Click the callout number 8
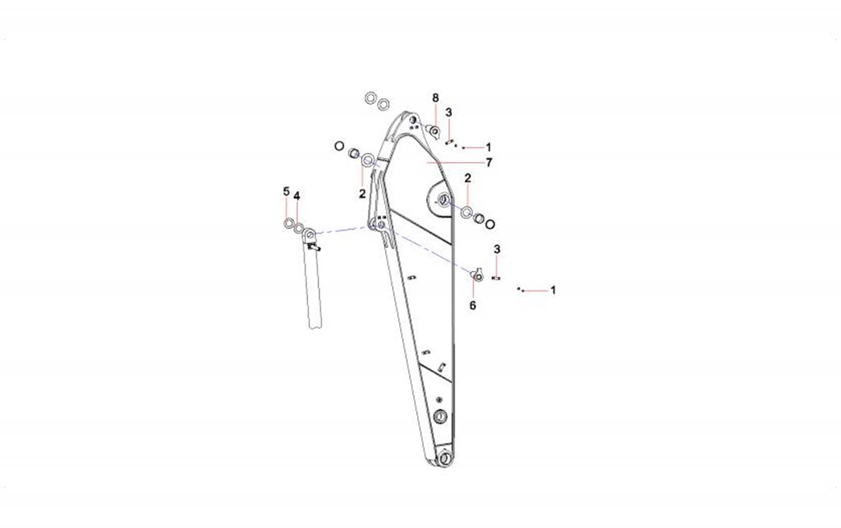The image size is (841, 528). [x=436, y=98]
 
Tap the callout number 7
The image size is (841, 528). [x=489, y=163]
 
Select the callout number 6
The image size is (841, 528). [x=473, y=306]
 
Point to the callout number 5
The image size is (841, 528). [x=287, y=192]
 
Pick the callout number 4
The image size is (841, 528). [x=296, y=196]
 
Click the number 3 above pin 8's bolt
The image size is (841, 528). [x=449, y=112]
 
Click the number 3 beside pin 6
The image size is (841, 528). [x=497, y=250]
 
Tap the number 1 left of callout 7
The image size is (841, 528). [x=489, y=147]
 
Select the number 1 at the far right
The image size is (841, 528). [x=553, y=290]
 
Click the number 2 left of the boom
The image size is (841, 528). [x=362, y=193]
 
